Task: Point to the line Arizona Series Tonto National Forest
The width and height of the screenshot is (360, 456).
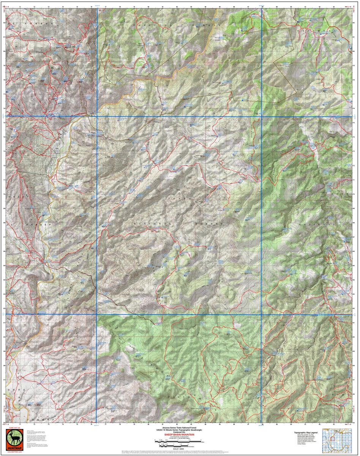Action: [180, 427]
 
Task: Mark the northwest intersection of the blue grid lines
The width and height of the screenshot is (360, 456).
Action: [97, 116]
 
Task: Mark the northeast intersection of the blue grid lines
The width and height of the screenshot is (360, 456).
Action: [262, 116]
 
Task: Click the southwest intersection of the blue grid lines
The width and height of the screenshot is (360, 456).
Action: [97, 315]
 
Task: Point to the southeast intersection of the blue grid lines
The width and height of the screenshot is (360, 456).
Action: [262, 315]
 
